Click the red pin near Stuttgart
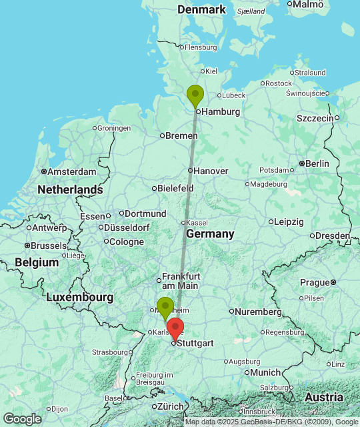point(175,329)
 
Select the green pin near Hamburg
point(195,95)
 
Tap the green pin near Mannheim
point(165,308)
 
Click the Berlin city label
point(317,163)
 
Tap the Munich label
point(266,372)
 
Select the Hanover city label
point(211,171)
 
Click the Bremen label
point(181,135)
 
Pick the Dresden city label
point(333,236)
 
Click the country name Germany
point(210,234)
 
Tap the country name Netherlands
point(70,190)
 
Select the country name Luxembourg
point(79,296)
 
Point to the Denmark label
point(202,9)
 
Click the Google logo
point(21,419)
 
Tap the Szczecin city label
point(315,118)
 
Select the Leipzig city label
point(289,222)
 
